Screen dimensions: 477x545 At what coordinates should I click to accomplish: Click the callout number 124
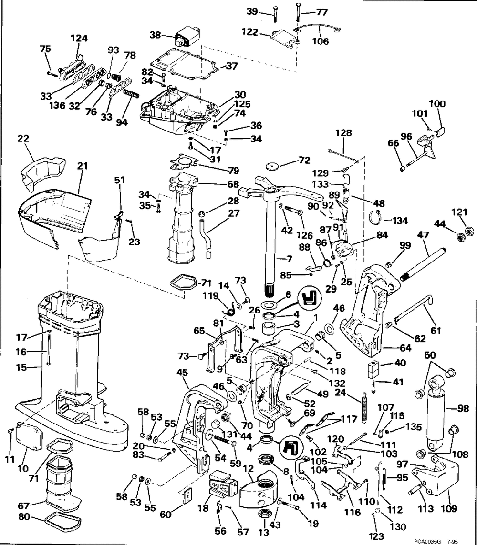(79, 38)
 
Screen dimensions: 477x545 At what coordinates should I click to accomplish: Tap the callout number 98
(463, 409)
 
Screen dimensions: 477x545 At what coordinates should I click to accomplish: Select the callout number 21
(82, 166)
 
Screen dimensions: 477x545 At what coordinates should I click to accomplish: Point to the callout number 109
(449, 508)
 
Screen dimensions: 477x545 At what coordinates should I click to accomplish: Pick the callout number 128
(343, 133)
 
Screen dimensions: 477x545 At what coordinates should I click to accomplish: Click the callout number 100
(437, 103)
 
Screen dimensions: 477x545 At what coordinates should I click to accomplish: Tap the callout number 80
(24, 517)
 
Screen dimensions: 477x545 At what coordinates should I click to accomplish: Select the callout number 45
(182, 373)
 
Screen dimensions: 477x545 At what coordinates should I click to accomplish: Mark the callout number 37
(232, 66)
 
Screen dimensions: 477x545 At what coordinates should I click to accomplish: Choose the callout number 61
(436, 331)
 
